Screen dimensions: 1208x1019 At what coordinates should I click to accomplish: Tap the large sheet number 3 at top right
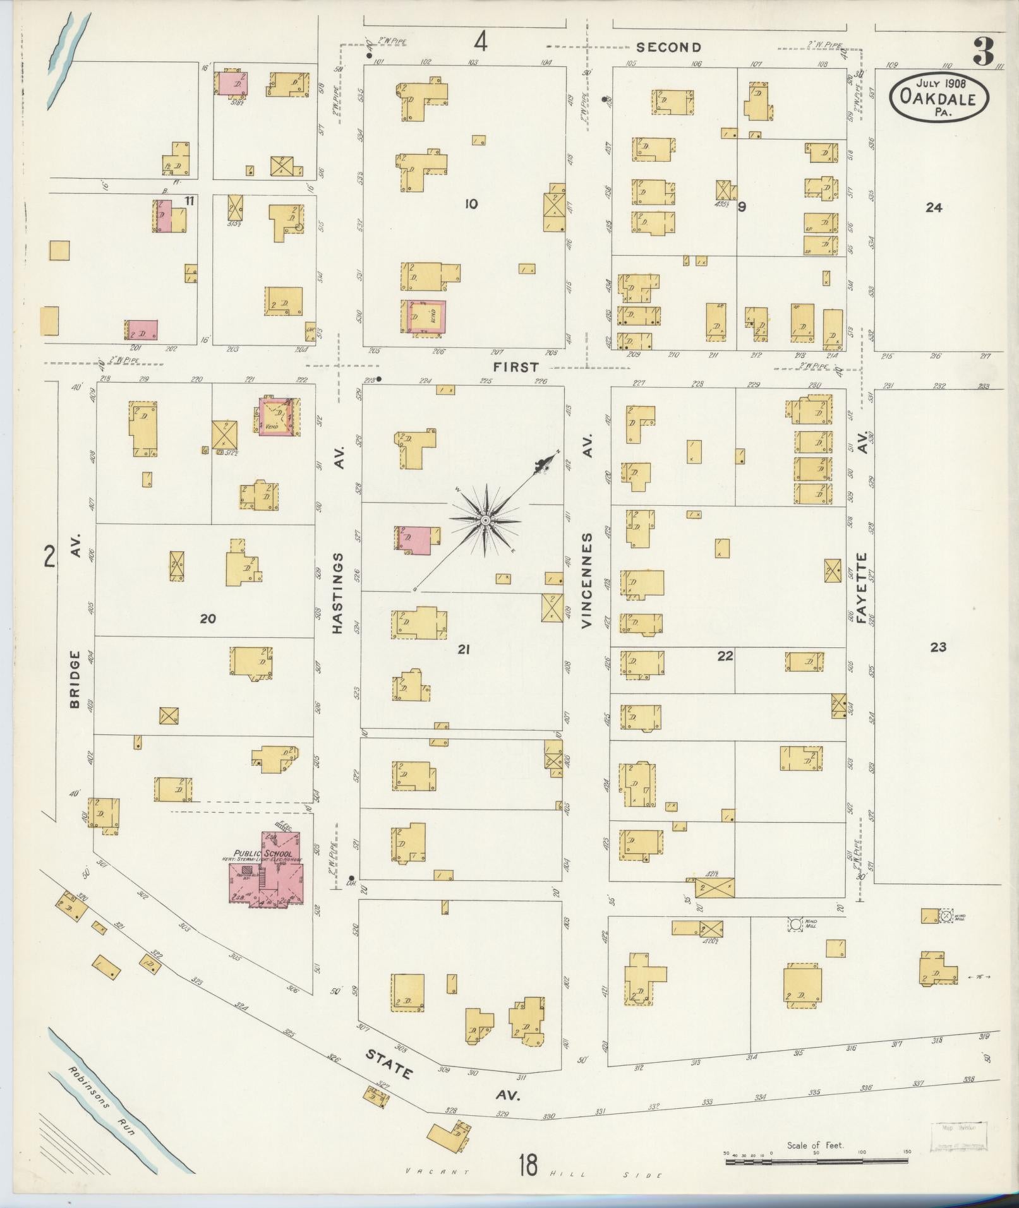pyautogui.click(x=983, y=51)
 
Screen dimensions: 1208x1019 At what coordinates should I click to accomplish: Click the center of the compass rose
pyautogui.click(x=485, y=520)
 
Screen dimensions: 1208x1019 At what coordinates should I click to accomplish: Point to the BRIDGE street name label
pyautogui.click(x=75, y=679)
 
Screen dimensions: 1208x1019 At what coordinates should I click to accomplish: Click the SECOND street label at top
pyautogui.click(x=668, y=47)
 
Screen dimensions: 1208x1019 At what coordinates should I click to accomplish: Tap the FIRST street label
pyautogui.click(x=516, y=367)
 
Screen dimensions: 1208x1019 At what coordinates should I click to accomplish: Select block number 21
pyautogui.click(x=464, y=649)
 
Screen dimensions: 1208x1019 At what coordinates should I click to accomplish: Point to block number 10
pyautogui.click(x=471, y=204)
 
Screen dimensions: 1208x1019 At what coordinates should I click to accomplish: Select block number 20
pyautogui.click(x=208, y=619)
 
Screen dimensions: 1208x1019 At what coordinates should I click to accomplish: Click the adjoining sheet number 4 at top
pyautogui.click(x=481, y=43)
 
